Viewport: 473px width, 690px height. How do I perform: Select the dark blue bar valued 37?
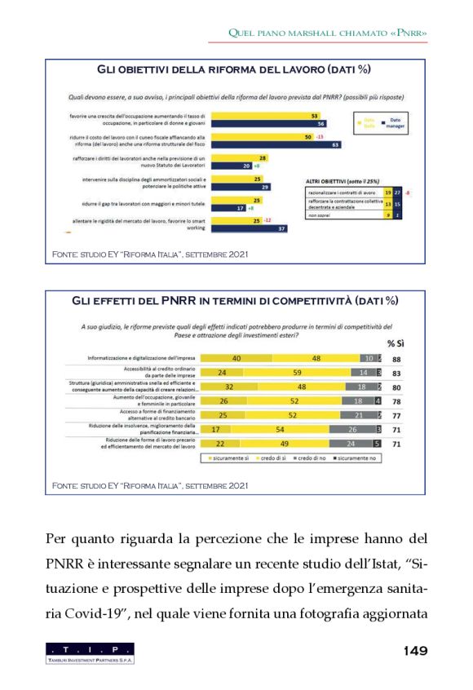[x=245, y=228]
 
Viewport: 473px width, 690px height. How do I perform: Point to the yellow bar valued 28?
[x=232, y=157]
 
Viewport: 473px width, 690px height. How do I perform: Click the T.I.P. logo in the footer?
[x=91, y=652]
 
